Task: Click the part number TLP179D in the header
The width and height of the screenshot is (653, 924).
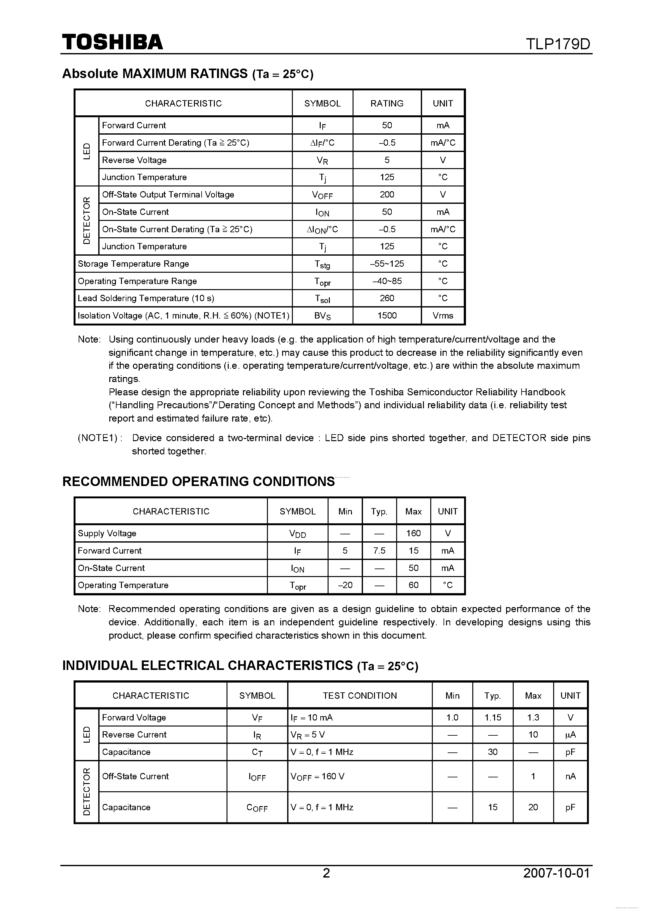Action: click(558, 44)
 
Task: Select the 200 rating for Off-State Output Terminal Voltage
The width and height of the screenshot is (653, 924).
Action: click(387, 195)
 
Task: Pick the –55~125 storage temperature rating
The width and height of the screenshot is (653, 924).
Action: click(387, 264)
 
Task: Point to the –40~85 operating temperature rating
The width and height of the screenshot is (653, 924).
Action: click(387, 281)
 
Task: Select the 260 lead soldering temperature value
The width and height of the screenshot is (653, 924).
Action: click(387, 299)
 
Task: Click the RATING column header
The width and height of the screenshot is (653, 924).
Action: click(387, 103)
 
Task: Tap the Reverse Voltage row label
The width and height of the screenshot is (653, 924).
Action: click(134, 160)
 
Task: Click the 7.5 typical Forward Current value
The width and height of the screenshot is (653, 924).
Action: click(379, 551)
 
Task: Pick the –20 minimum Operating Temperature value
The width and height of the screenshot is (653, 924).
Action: click(345, 586)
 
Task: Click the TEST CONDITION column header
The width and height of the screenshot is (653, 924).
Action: click(360, 696)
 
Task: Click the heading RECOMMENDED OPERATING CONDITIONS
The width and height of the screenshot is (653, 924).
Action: click(198, 482)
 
